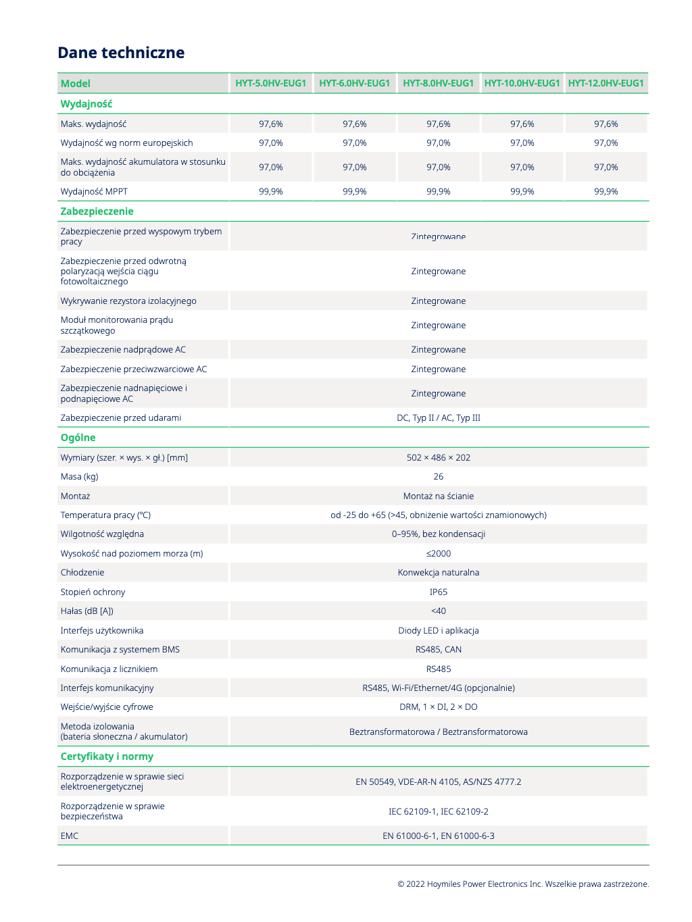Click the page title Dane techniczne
click(121, 53)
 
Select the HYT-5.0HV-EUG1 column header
click(270, 83)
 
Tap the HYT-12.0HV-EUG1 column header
click(605, 83)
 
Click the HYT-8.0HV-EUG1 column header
click(438, 83)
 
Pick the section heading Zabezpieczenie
click(97, 211)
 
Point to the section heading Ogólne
click(78, 438)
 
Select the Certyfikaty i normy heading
click(107, 757)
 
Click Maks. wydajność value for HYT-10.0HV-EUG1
click(522, 124)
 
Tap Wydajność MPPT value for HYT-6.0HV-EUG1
click(354, 192)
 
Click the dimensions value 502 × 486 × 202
click(438, 458)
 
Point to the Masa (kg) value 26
click(438, 477)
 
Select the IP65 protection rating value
click(438, 592)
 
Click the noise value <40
click(438, 611)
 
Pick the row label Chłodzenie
click(82, 573)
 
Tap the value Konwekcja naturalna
click(438, 573)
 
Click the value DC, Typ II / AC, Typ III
click(438, 418)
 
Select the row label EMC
click(70, 836)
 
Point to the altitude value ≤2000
click(438, 554)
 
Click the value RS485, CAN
click(438, 650)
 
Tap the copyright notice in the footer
click(522, 884)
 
